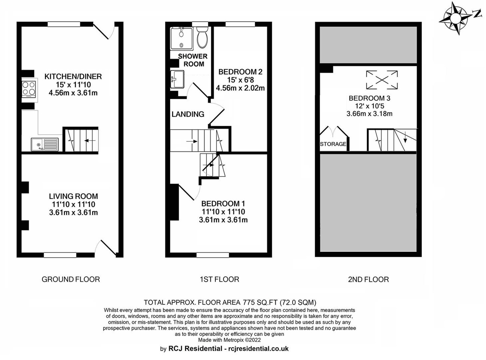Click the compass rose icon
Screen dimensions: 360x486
click(x=456, y=18)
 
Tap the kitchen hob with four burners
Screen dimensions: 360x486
click(x=29, y=89)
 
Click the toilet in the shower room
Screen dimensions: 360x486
click(x=202, y=37)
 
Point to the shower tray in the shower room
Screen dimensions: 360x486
click(x=181, y=38)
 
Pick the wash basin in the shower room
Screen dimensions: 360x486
click(x=176, y=79)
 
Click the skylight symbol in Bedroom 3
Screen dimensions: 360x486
click(x=381, y=79)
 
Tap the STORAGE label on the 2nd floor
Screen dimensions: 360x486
click(x=333, y=144)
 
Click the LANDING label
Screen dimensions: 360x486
click(x=188, y=114)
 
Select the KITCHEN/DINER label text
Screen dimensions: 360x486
click(x=73, y=76)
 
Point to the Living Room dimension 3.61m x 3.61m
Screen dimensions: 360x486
click(x=73, y=213)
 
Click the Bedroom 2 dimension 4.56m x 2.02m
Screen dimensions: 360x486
click(x=240, y=88)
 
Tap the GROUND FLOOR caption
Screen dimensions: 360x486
click(x=70, y=279)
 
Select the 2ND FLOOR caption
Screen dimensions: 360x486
click(x=368, y=279)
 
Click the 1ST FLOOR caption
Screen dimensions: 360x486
click(x=219, y=279)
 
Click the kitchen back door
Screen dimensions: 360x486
click(x=103, y=31)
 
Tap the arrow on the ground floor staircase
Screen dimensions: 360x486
click(x=89, y=141)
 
